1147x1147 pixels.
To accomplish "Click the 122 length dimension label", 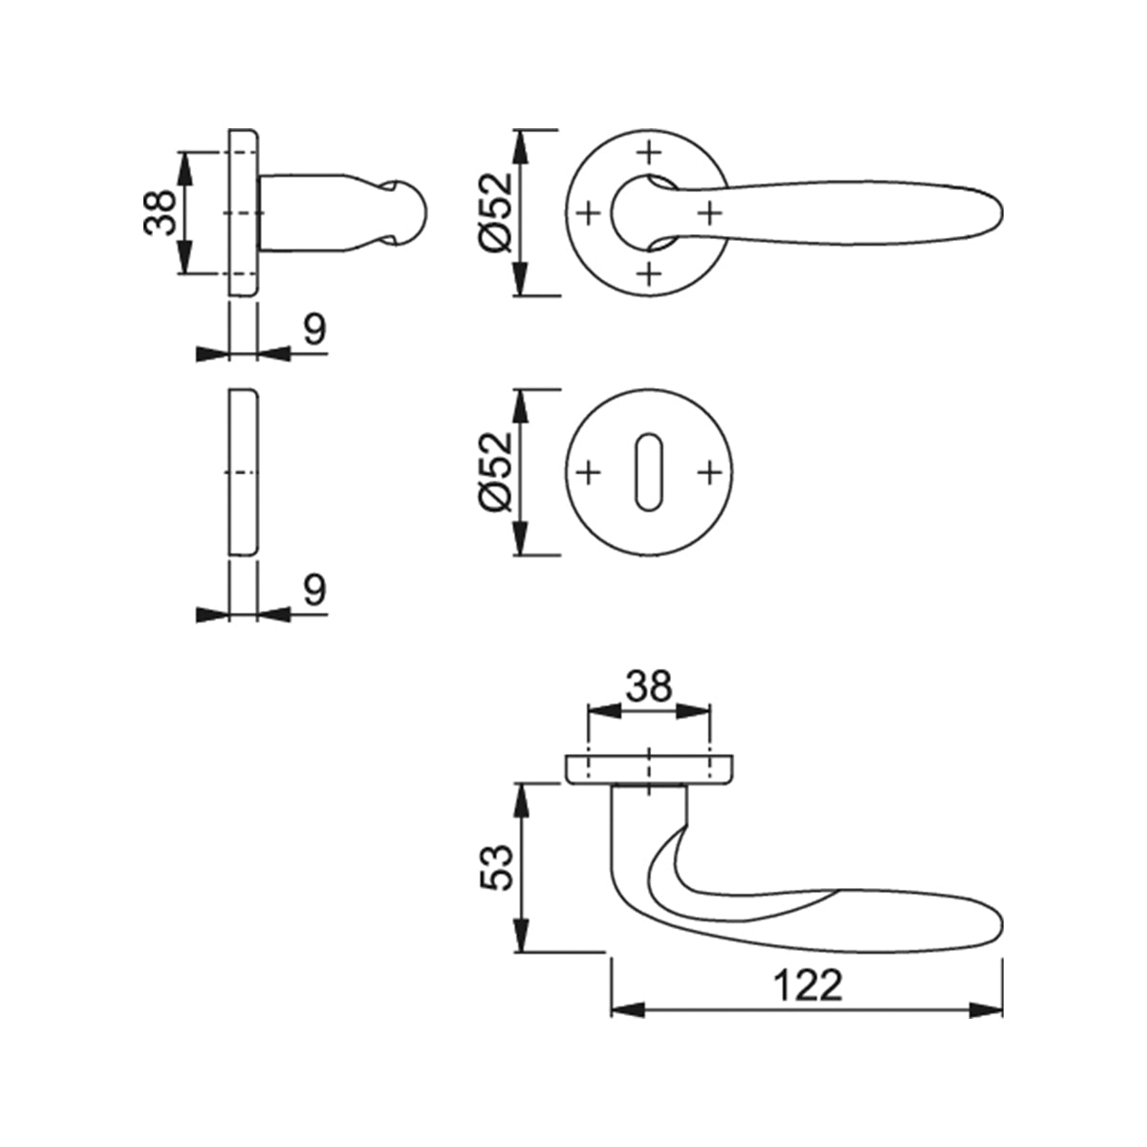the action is pos(807,985).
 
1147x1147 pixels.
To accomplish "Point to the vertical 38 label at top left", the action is pos(160,212).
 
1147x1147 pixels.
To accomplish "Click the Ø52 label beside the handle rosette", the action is pos(494,212).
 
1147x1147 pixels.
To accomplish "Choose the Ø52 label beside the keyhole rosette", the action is pos(494,471).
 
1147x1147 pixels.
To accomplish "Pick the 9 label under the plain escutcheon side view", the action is pos(315,590).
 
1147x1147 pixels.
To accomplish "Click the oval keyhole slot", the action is pos(649,472).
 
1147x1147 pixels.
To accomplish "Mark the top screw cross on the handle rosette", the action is pos(649,151).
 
